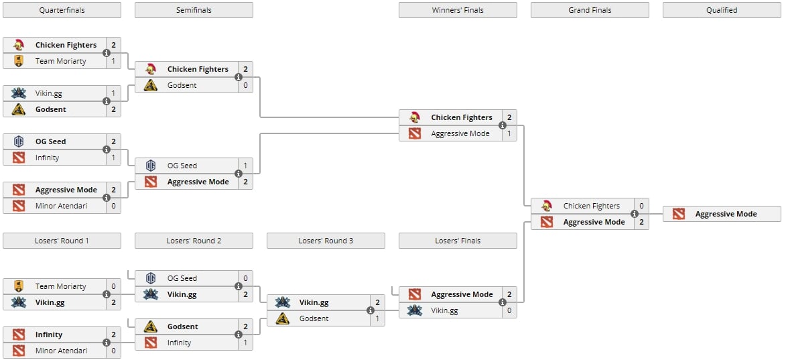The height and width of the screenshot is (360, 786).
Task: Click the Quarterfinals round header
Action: (62, 10)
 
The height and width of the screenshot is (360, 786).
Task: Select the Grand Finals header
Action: (590, 10)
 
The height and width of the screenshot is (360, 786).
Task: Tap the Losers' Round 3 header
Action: (326, 241)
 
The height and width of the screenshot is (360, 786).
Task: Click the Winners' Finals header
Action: (458, 10)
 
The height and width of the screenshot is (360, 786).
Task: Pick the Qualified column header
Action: (722, 10)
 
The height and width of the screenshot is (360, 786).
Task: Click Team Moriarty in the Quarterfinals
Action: (60, 61)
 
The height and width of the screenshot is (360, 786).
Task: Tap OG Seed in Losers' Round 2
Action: (182, 278)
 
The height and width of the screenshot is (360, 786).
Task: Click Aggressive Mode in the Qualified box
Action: (726, 214)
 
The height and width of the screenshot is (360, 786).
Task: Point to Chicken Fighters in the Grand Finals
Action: (591, 206)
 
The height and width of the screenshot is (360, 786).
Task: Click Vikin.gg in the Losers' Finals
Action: (445, 310)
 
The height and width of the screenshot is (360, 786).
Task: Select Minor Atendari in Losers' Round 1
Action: (61, 351)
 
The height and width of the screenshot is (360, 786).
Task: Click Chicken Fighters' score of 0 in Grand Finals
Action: (641, 206)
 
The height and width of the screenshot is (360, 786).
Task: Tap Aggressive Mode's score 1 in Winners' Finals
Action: (509, 133)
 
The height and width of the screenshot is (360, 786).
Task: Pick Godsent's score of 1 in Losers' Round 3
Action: (377, 318)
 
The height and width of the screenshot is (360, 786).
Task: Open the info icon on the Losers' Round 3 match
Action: (370, 310)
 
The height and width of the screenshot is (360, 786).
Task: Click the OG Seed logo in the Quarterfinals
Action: (19, 141)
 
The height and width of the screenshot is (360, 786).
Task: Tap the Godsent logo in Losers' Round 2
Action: (151, 326)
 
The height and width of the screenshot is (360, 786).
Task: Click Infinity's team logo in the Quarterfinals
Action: (19, 158)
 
